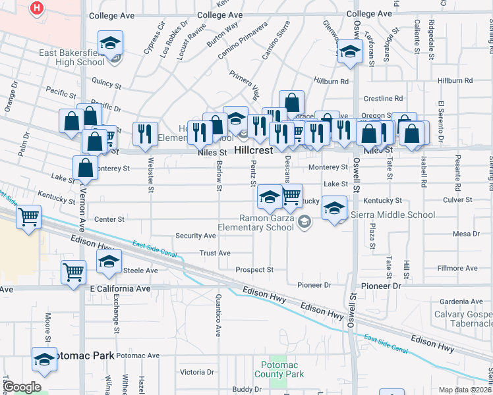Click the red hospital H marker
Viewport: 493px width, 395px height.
[38, 9]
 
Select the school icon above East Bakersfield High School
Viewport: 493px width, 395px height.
[110, 43]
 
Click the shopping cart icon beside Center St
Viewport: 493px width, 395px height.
[28, 217]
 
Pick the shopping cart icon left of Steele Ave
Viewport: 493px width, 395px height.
[74, 271]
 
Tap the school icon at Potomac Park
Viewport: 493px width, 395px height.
[44, 359]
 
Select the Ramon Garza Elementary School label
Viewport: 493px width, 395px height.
[267, 223]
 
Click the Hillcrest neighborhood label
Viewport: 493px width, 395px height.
[253, 151]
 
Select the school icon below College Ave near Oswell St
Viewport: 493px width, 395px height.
[350, 53]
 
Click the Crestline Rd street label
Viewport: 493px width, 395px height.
[382, 99]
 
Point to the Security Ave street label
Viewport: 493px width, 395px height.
[195, 236]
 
